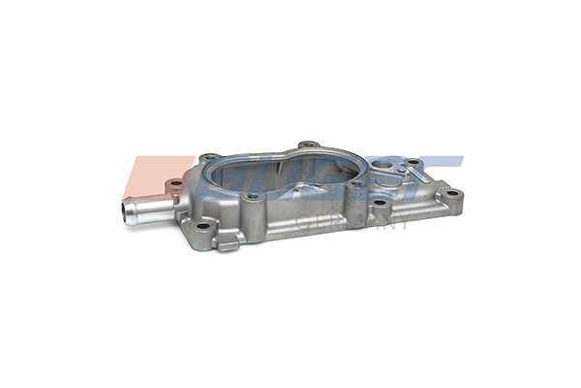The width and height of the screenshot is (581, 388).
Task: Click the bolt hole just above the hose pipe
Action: [175, 182]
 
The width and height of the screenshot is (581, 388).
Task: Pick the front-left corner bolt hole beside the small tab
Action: [202, 227]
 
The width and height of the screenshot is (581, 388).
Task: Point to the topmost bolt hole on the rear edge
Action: [308, 145]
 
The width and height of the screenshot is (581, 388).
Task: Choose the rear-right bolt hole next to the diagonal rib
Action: [413, 162]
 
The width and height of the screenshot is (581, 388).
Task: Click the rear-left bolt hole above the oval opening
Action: [206, 156]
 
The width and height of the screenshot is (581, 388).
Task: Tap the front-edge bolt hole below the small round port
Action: [382, 205]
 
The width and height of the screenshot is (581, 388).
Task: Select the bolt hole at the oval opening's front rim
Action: [253, 197]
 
